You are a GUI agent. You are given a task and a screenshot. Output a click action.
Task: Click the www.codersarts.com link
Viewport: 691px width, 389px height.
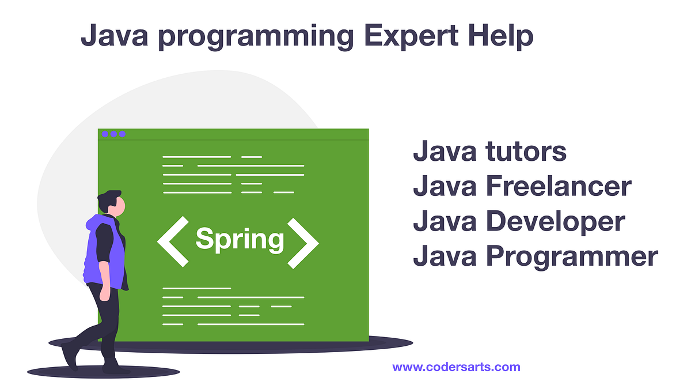point(456,367)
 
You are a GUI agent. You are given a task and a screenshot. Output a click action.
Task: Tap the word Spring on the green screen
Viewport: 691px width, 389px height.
point(240,239)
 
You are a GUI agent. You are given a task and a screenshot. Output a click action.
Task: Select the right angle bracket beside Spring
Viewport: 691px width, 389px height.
point(303,242)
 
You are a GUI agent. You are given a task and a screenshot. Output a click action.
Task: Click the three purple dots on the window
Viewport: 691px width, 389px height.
point(113,134)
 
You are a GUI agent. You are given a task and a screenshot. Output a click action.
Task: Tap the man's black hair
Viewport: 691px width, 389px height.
point(107,197)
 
